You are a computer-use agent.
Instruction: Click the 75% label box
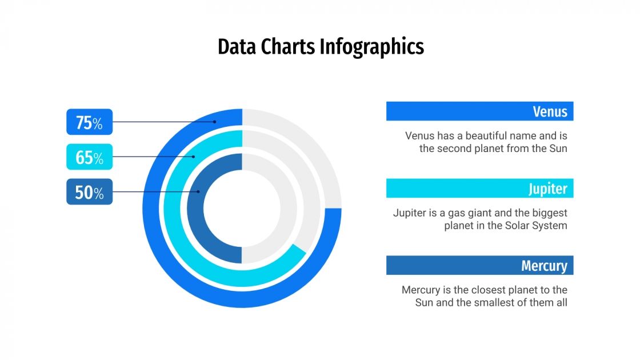[x=89, y=122]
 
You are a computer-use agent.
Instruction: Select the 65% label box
[x=89, y=157]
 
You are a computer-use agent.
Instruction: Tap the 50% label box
[x=89, y=192]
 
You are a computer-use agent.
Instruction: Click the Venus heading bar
[x=479, y=111]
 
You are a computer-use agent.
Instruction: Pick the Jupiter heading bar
[x=479, y=188]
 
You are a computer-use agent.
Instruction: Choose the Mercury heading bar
[x=479, y=265]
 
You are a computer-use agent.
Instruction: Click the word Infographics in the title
[x=371, y=47]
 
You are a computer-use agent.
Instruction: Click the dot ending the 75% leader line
[x=215, y=122]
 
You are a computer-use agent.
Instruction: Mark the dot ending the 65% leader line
[x=194, y=157]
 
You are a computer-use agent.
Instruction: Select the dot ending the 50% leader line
[x=199, y=192]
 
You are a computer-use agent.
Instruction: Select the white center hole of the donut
[x=242, y=208]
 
